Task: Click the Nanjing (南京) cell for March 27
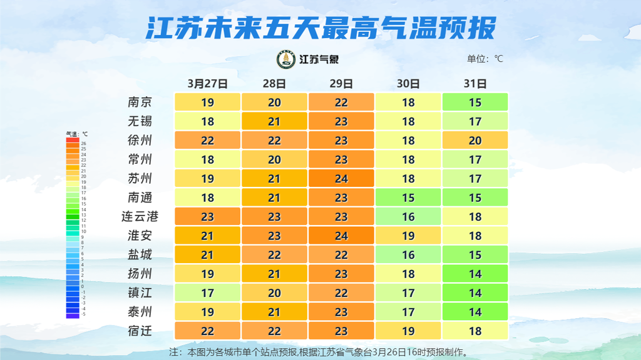pos(207,102)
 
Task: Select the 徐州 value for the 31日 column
pos(475,141)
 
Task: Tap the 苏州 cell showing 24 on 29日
pos(341,179)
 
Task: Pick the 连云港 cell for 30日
pos(408,217)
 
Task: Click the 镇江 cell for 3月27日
pos(207,293)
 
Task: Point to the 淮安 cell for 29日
pos(341,236)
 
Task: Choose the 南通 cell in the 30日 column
pos(408,197)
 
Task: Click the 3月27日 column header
pos(207,83)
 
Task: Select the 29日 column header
pos(341,83)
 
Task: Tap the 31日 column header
pos(475,83)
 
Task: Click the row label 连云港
pos(140,217)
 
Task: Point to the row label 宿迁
pos(140,331)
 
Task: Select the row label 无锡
pos(140,121)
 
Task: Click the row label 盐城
pos(140,255)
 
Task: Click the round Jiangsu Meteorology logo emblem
pos(287,59)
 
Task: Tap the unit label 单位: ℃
pos(485,59)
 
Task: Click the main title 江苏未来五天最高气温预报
pos(320,27)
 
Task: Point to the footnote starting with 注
pos(319,352)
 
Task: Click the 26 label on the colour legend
pos(83,144)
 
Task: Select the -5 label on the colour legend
pos(83,314)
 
